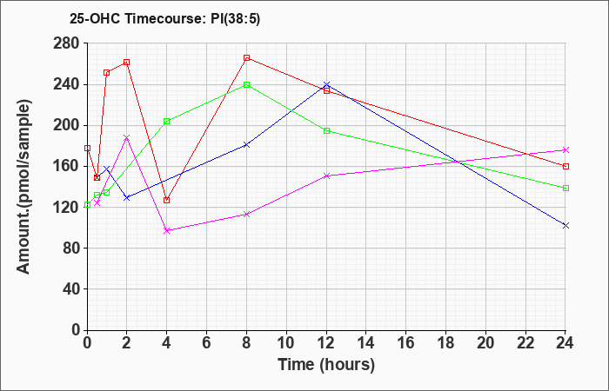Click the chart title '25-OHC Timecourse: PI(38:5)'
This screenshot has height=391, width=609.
click(164, 18)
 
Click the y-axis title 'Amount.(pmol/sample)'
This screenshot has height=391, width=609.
click(23, 187)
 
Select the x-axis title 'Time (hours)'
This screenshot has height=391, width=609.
click(326, 365)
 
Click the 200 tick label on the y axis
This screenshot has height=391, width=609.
click(68, 126)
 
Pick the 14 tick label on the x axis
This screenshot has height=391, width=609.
click(366, 342)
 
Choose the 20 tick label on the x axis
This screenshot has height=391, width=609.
click(485, 342)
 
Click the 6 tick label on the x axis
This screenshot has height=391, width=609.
click(207, 342)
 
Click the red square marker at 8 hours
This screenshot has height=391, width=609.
click(246, 58)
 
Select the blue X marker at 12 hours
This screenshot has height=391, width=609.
click(326, 84)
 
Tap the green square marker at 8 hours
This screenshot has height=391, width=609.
click(246, 84)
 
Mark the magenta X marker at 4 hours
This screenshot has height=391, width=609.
click(167, 230)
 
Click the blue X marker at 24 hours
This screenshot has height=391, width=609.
click(565, 225)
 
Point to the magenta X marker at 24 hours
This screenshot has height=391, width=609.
click(565, 149)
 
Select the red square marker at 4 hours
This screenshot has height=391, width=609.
click(167, 200)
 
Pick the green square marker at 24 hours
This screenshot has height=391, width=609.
click(565, 189)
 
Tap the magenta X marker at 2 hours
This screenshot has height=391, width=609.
click(127, 137)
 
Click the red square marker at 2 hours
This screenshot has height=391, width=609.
click(127, 62)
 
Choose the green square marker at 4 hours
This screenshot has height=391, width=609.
click(167, 122)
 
